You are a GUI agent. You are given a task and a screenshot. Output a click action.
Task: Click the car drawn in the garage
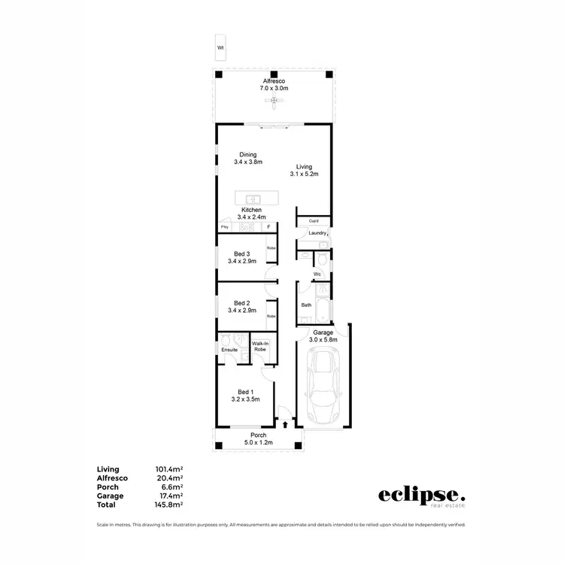324,387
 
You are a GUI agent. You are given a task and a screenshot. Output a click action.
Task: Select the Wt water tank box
220,47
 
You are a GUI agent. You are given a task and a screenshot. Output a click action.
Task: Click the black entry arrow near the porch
285,425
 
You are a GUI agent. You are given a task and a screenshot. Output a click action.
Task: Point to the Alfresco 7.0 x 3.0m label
274,84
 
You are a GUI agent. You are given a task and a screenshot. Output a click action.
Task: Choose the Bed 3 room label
242,257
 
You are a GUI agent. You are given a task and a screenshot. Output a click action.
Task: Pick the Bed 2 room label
242,306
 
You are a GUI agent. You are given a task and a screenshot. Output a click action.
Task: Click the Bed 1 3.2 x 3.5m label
245,396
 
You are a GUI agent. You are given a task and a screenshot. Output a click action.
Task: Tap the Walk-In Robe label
261,347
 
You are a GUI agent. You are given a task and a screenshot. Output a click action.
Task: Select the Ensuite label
230,350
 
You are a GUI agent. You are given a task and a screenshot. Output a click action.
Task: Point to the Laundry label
317,233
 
